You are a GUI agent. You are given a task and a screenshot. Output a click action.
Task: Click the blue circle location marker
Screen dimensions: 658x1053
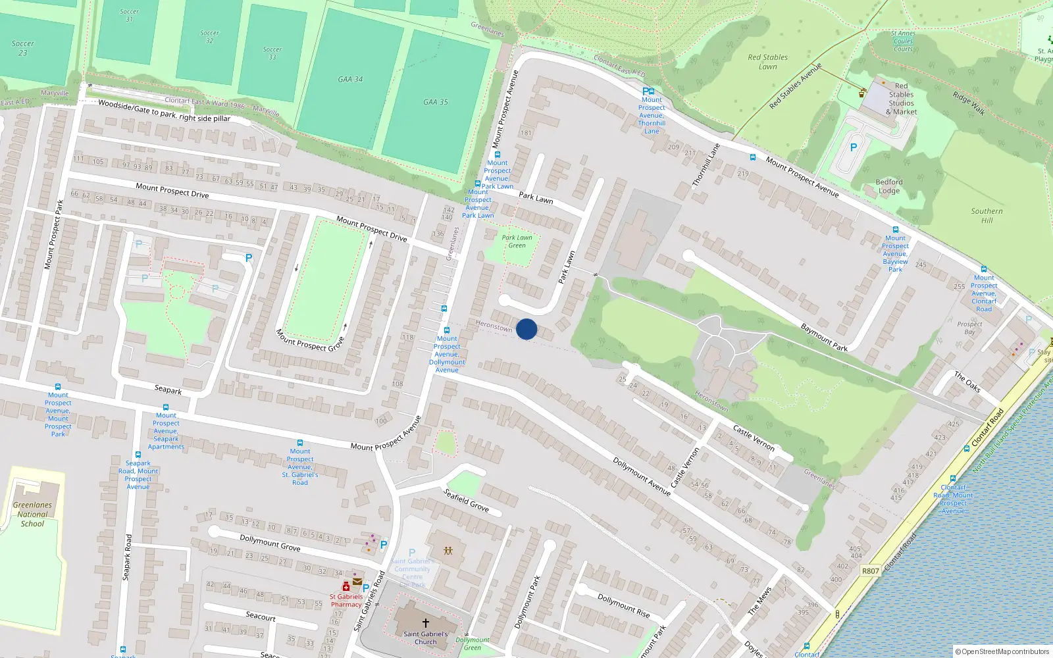click(x=526, y=329)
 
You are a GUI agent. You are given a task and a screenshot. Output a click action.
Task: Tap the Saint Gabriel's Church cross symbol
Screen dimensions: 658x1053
click(x=425, y=622)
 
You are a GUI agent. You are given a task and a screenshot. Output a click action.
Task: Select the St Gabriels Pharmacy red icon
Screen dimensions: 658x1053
click(x=346, y=586)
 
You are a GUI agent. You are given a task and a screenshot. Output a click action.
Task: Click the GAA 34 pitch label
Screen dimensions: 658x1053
click(x=350, y=80)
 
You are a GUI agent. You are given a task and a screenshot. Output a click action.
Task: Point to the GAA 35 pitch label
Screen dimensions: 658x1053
click(x=435, y=102)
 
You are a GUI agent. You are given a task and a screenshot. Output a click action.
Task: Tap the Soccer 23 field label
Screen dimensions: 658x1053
click(x=23, y=48)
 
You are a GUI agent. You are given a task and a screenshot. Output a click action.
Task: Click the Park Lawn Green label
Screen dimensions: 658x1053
click(x=517, y=241)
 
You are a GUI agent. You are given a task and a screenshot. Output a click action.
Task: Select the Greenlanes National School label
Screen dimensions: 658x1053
click(x=32, y=515)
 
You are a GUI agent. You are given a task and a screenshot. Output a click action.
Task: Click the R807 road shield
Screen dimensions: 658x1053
click(x=870, y=570)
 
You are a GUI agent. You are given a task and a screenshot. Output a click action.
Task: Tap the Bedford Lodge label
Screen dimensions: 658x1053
click(x=889, y=186)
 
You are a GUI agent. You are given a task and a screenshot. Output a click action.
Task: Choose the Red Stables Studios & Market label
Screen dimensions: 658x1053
click(x=901, y=99)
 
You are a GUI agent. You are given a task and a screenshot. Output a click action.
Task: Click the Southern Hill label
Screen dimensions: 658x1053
click(x=987, y=216)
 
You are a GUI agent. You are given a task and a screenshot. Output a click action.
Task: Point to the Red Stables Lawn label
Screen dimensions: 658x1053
click(x=767, y=62)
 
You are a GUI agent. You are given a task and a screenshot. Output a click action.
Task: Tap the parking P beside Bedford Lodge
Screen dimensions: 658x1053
click(x=854, y=147)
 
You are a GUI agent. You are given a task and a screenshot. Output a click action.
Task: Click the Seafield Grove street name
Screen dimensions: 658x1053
click(x=466, y=501)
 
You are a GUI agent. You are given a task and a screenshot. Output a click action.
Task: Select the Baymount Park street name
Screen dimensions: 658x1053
click(x=824, y=338)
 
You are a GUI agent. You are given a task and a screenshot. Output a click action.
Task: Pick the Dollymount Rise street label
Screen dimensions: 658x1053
click(x=623, y=605)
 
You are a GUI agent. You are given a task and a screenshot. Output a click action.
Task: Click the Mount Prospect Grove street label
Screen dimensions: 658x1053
click(x=310, y=340)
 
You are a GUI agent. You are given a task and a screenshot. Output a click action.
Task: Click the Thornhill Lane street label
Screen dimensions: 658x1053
click(x=706, y=164)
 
